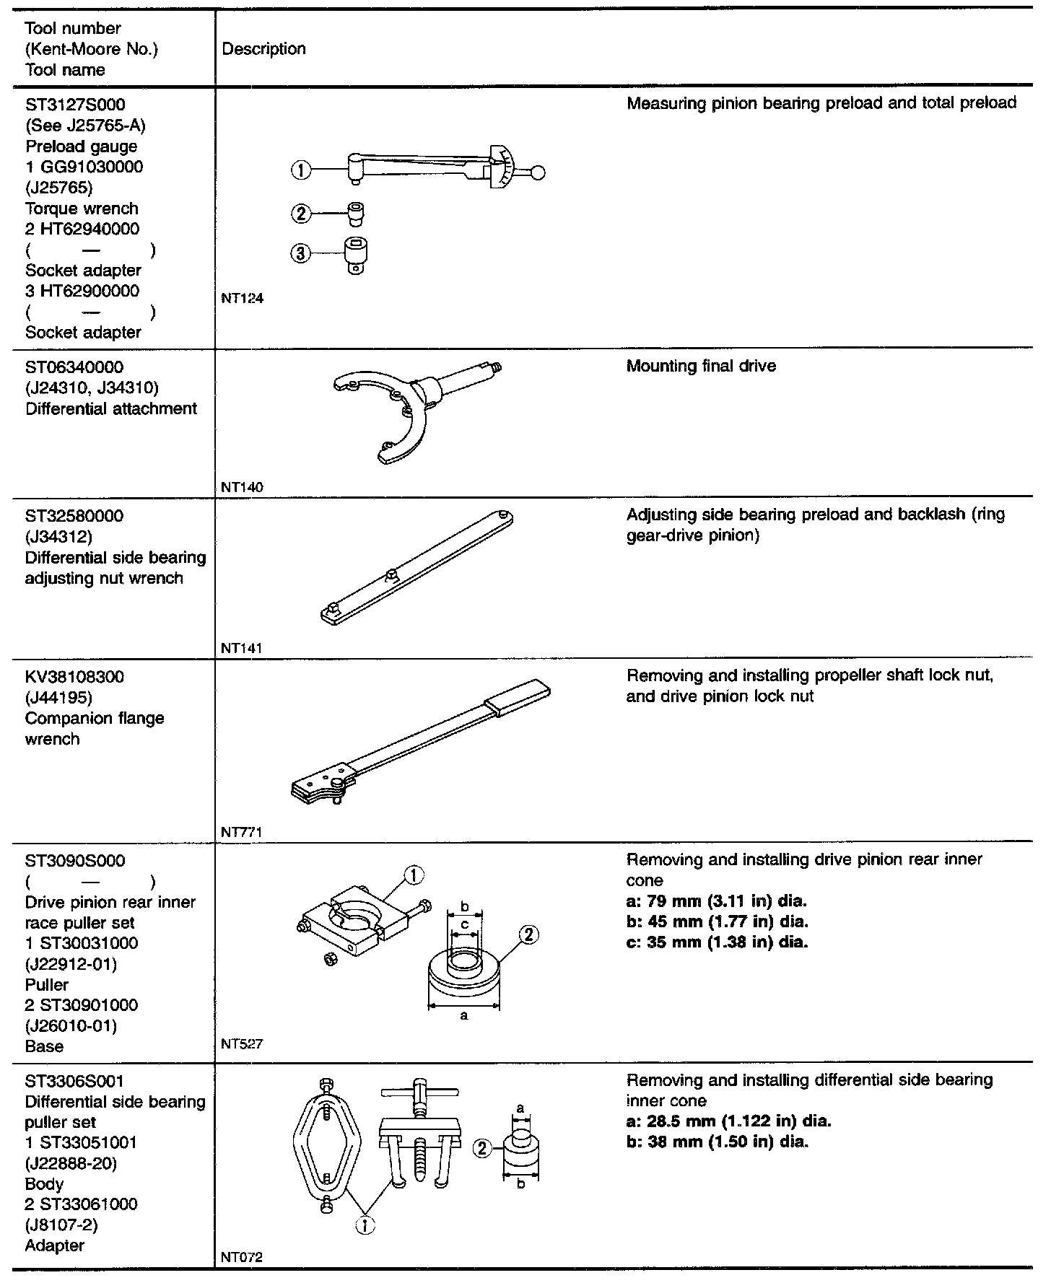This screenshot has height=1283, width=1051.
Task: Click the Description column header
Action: click(263, 49)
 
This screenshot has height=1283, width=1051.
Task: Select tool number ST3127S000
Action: click(75, 105)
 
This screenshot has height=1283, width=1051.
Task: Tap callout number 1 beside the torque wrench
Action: click(300, 171)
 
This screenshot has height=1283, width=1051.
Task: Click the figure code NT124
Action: click(243, 298)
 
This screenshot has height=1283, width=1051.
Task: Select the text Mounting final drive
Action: click(701, 366)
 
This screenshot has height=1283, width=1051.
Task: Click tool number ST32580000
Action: click(74, 516)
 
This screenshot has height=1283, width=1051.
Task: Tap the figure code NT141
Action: click(243, 648)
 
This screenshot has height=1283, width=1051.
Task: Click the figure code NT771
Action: click(243, 832)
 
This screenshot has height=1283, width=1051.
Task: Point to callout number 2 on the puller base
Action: click(528, 934)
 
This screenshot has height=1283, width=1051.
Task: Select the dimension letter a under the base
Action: click(464, 1015)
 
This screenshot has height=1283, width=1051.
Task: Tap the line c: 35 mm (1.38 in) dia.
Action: click(717, 942)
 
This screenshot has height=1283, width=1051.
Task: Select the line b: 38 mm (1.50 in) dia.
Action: click(718, 1142)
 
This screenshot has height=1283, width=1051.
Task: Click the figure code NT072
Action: click(243, 1257)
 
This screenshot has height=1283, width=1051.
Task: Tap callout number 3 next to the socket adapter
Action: click(300, 254)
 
